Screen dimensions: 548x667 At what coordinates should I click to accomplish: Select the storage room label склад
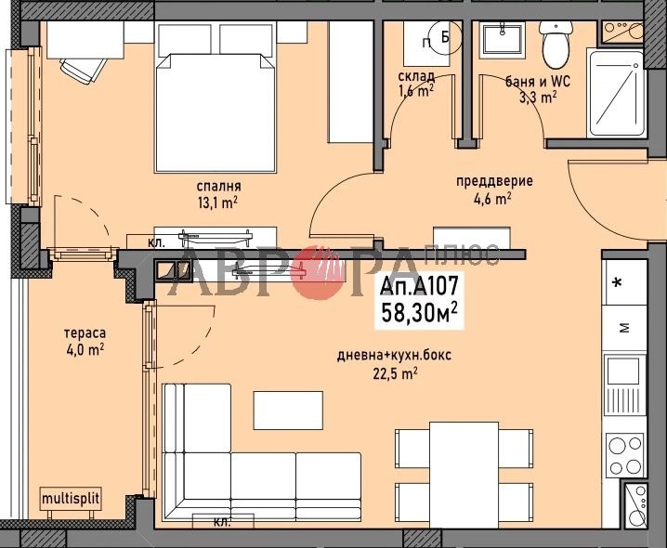click(x=417, y=75)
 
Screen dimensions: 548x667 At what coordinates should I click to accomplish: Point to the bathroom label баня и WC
click(x=539, y=80)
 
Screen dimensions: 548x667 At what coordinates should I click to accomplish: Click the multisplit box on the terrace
click(x=70, y=499)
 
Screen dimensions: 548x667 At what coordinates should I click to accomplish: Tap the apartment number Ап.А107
click(x=420, y=287)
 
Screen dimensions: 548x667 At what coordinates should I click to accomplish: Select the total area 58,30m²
click(x=420, y=312)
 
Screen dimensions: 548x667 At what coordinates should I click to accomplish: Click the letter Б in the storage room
click(x=445, y=37)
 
